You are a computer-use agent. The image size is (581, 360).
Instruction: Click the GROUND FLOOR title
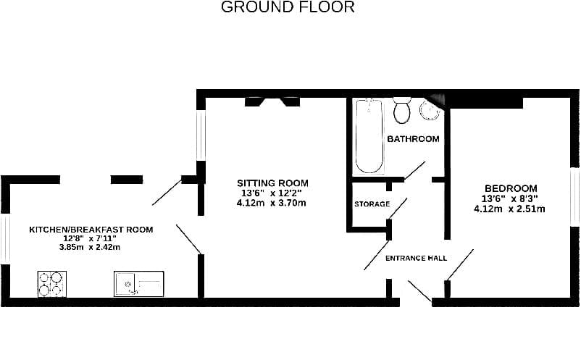[x=288, y=7]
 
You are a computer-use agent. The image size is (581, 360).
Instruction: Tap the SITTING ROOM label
[x=272, y=183]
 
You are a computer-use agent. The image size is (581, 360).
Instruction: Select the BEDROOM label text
[x=511, y=188]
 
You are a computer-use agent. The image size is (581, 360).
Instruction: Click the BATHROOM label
[x=413, y=139]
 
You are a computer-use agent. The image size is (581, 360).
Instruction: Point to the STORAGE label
[x=372, y=204]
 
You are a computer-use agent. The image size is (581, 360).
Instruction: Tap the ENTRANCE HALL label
[x=416, y=258]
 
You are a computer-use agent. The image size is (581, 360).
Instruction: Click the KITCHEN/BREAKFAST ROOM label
[x=91, y=230]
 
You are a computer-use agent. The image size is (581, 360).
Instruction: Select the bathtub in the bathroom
[x=369, y=136]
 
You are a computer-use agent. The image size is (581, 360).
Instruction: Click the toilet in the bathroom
[x=402, y=110]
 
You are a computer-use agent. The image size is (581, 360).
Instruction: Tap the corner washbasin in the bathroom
[x=430, y=109]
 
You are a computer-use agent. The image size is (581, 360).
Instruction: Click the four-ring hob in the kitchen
[x=52, y=284]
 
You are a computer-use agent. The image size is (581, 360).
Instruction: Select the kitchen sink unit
[x=138, y=284]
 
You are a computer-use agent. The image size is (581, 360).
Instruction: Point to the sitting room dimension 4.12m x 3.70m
[x=271, y=203]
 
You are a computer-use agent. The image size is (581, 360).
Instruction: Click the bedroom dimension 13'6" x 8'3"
[x=509, y=199]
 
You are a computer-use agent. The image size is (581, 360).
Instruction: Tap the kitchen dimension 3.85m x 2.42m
[x=90, y=248]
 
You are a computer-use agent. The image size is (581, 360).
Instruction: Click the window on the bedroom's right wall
[x=575, y=196]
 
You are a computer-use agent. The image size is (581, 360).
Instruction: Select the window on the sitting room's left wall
[x=201, y=135]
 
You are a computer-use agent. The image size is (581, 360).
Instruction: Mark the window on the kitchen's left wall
[x=5, y=239]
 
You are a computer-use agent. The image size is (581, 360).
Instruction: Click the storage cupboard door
[x=398, y=208]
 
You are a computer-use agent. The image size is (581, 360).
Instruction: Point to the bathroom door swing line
[x=414, y=171]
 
